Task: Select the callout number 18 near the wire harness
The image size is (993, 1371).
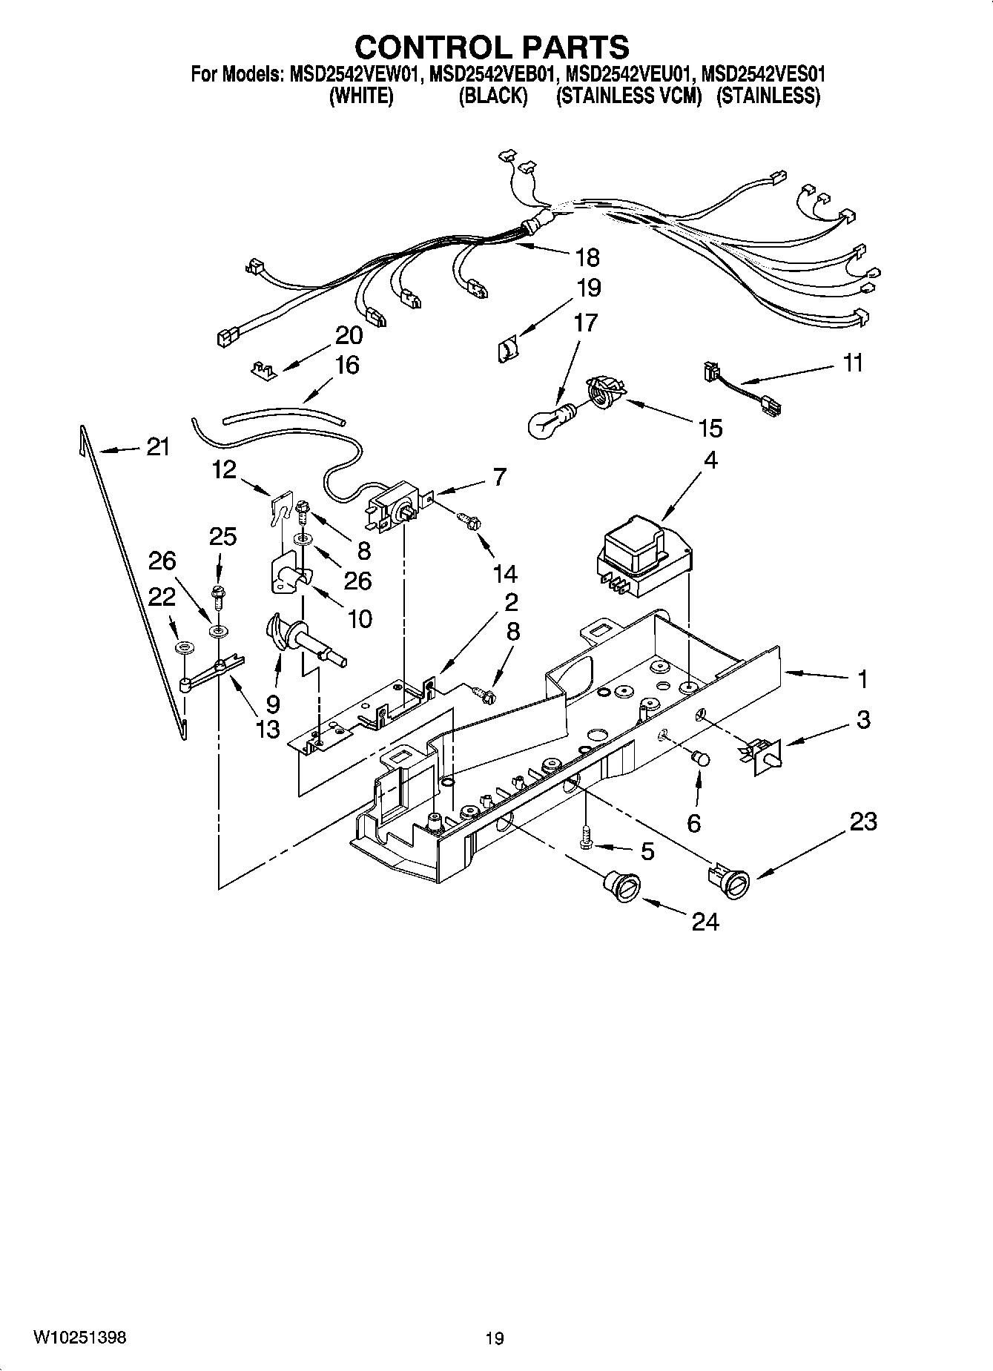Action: (x=587, y=257)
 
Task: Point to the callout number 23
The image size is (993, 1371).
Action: (x=863, y=822)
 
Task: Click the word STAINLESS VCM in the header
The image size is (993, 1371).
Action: (x=629, y=96)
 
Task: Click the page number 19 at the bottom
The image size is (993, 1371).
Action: (x=495, y=1338)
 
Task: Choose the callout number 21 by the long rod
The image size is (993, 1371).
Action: (x=157, y=447)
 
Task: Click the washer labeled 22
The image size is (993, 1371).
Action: (x=183, y=649)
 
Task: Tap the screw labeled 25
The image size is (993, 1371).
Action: (x=218, y=592)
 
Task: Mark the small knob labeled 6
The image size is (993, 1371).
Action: (x=700, y=759)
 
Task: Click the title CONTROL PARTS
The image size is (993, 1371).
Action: (x=492, y=47)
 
